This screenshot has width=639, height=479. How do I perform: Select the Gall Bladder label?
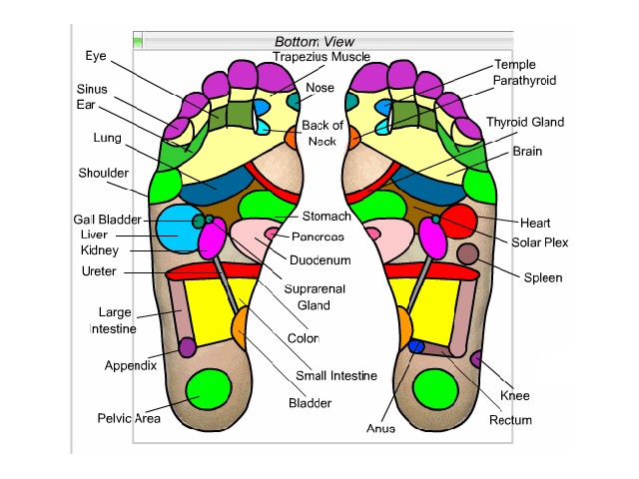tap(107, 219)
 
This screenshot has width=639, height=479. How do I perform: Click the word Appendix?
tap(131, 365)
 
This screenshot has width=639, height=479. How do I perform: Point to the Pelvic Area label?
tap(129, 418)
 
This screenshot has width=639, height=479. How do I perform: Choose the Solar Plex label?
tap(540, 242)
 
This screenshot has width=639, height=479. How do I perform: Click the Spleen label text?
tap(543, 277)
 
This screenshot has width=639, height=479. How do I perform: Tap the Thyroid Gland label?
tap(525, 123)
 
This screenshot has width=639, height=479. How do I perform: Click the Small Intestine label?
tap(336, 376)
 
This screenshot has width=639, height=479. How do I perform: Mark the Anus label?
tap(380, 428)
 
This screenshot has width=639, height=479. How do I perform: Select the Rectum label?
tap(511, 420)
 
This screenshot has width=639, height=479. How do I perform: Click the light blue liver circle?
tap(179, 229)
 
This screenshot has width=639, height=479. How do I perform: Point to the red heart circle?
tap(458, 221)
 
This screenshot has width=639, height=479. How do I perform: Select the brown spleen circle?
tap(467, 253)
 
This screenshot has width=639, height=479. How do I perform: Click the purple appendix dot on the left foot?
tap(187, 346)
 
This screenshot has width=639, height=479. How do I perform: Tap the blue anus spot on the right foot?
tap(416, 346)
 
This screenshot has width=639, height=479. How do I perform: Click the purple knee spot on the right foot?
tap(477, 358)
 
